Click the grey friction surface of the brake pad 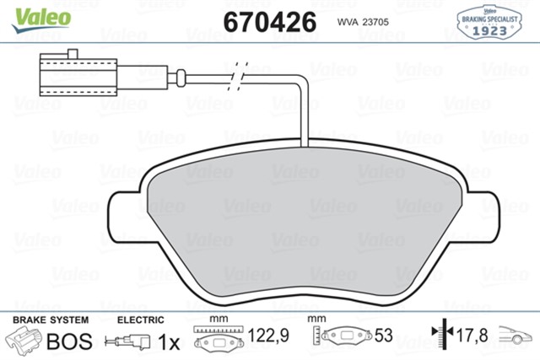tap(308, 228)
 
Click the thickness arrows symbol tap(439, 337)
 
